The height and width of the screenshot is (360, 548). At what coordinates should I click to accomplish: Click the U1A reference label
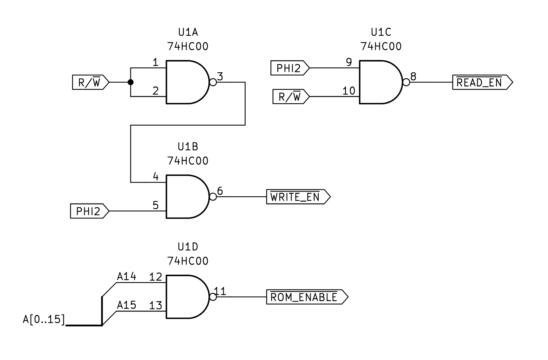tap(188, 32)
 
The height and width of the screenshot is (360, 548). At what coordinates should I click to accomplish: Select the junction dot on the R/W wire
tap(130, 82)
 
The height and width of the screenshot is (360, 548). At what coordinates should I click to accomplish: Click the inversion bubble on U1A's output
tap(213, 82)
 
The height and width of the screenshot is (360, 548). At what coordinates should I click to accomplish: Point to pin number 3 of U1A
tap(220, 76)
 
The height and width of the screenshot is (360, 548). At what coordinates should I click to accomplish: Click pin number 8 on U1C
tap(413, 76)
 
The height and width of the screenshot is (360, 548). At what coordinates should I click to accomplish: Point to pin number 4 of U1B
tap(156, 177)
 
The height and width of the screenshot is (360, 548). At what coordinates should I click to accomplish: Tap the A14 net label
tap(126, 277)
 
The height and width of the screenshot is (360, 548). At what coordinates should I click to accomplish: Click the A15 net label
tap(126, 305)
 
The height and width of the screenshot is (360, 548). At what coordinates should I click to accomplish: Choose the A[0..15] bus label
tap(44, 320)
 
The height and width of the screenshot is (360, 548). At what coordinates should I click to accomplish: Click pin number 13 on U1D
tap(155, 306)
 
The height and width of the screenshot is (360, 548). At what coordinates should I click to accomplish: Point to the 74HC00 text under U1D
tap(188, 261)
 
